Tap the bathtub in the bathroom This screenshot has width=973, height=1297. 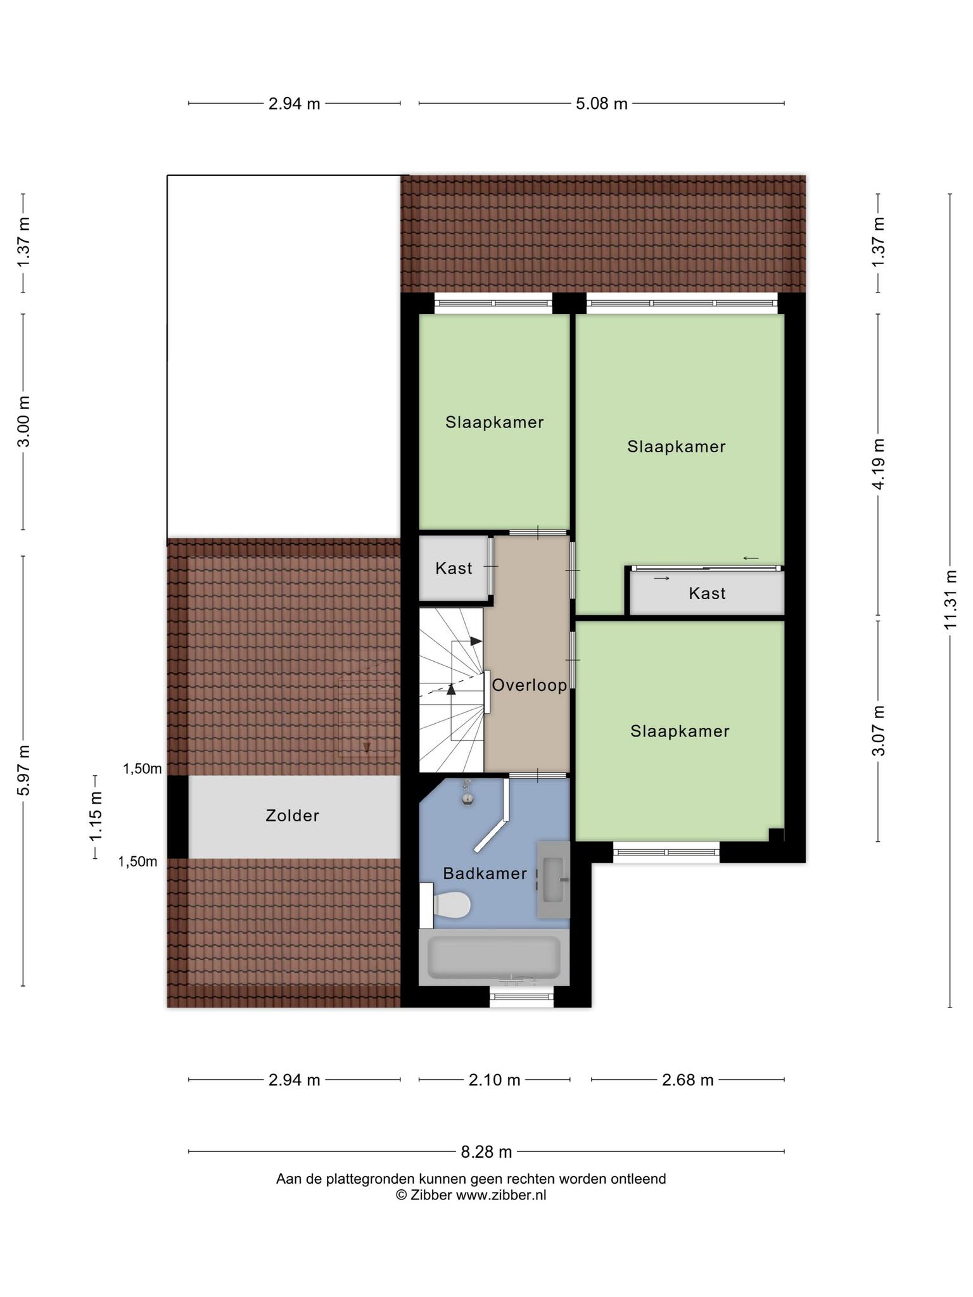[x=494, y=957]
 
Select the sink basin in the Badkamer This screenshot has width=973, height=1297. [x=553, y=880]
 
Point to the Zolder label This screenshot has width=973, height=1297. [x=292, y=816]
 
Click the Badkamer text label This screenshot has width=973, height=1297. [x=485, y=874]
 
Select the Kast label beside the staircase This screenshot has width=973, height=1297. [x=454, y=568]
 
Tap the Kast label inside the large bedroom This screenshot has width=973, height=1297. [x=707, y=593]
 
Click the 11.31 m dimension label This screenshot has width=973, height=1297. [x=950, y=599]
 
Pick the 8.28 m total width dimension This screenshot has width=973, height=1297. [x=486, y=1152]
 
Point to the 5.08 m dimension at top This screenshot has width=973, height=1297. [x=601, y=104]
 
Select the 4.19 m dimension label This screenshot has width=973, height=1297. [x=878, y=464]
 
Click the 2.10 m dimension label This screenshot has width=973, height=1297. [x=494, y=1080]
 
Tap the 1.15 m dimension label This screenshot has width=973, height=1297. [x=96, y=817]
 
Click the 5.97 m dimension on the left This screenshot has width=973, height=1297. [x=23, y=771]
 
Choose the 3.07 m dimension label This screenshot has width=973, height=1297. [x=878, y=730]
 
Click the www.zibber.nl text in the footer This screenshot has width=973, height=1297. [x=501, y=1195]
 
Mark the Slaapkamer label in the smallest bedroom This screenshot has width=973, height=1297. [x=494, y=422]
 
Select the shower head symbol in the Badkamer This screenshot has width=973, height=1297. [x=467, y=794]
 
